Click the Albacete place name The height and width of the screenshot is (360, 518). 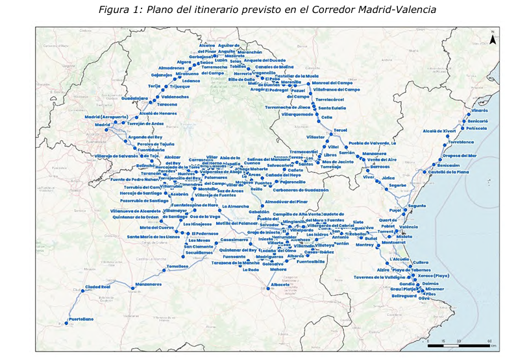point(280,285)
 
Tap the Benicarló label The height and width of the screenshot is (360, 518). point(478,121)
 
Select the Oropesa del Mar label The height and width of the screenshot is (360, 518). point(460,156)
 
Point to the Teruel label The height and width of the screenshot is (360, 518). point(340,130)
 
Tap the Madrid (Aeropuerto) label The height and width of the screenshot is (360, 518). point(106,117)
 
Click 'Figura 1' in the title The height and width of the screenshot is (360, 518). point(120,10)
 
